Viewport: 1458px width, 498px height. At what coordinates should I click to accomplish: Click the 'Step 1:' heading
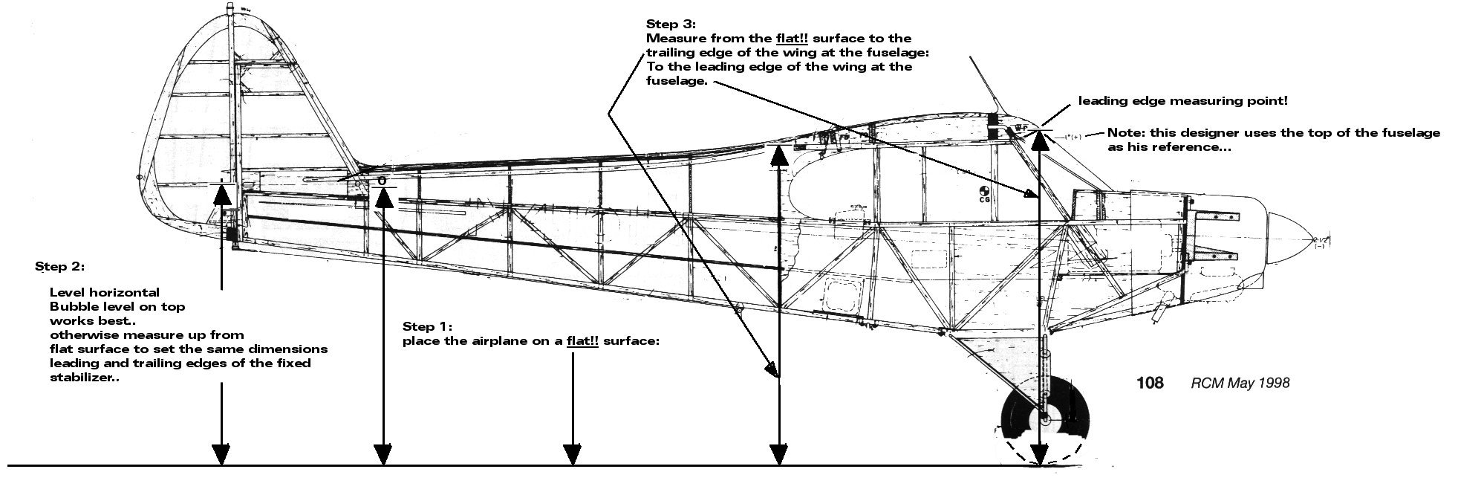coord(427,326)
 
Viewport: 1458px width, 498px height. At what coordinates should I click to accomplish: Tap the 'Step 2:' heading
coord(59,266)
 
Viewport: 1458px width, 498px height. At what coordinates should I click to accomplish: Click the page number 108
coord(1150,383)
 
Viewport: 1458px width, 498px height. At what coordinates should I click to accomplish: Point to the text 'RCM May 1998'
coord(1240,383)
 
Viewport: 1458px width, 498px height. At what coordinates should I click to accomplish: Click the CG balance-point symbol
coord(985,192)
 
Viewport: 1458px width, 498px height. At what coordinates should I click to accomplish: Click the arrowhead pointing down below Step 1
coord(572,453)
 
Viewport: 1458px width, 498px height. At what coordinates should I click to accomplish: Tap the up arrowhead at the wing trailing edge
coord(778,156)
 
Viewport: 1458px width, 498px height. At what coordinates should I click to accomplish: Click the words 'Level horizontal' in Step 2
coord(105,292)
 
